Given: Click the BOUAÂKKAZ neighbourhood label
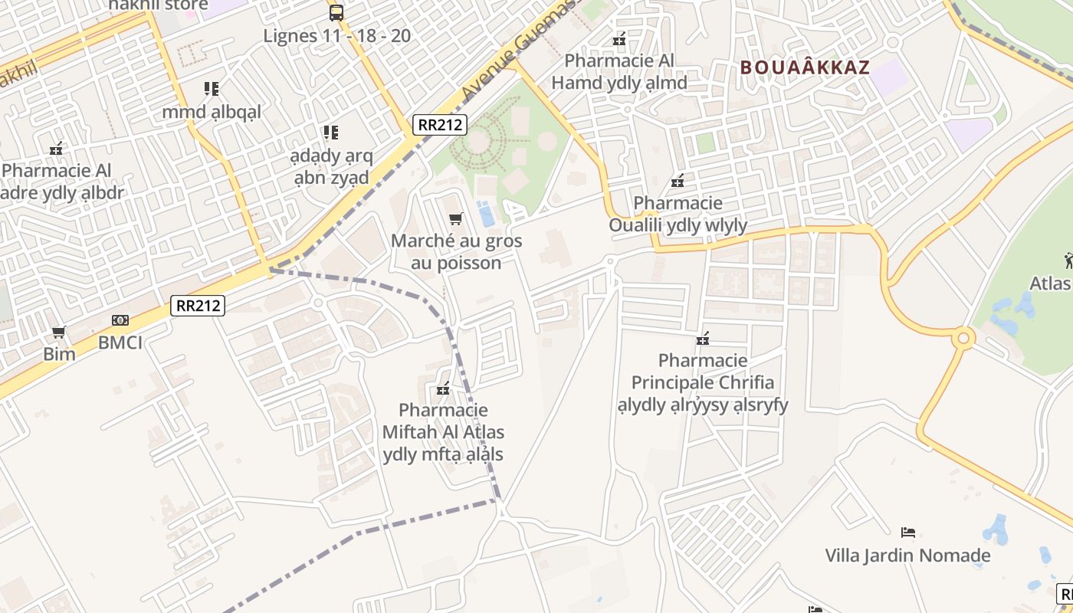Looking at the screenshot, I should (805, 67).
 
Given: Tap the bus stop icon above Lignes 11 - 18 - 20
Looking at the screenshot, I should (336, 12).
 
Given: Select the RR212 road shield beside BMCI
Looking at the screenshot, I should (197, 306).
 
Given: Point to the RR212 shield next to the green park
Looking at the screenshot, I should (439, 125).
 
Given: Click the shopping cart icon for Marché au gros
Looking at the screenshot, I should (456, 219).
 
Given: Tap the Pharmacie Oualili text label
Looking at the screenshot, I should (678, 214).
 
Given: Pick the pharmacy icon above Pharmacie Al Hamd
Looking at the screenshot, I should (619, 39).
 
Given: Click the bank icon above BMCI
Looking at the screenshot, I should (120, 320).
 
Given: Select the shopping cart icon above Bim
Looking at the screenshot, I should (58, 333).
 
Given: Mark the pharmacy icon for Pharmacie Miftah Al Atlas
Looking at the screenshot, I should (443, 388).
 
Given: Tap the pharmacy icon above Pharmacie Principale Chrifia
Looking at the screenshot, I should (703, 339).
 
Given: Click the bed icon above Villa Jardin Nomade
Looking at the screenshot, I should (908, 532).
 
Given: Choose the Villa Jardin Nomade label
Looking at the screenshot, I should (907, 555).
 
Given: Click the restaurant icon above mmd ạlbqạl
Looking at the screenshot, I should (212, 89).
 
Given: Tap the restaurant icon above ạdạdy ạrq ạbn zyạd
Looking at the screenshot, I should (330, 133).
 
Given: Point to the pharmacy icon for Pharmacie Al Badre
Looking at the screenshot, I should (56, 148).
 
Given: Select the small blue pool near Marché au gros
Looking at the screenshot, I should (486, 213).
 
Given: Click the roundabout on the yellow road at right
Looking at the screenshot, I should (963, 337).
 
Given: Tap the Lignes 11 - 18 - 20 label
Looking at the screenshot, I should (336, 35).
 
